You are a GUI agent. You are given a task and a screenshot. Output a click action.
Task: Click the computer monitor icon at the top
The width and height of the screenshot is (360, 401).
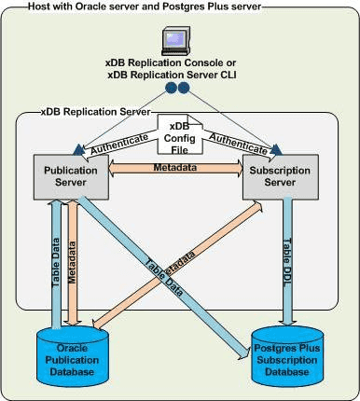(x=180, y=37)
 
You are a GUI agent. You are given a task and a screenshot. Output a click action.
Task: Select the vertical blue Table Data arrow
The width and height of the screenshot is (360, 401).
(x=56, y=261)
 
